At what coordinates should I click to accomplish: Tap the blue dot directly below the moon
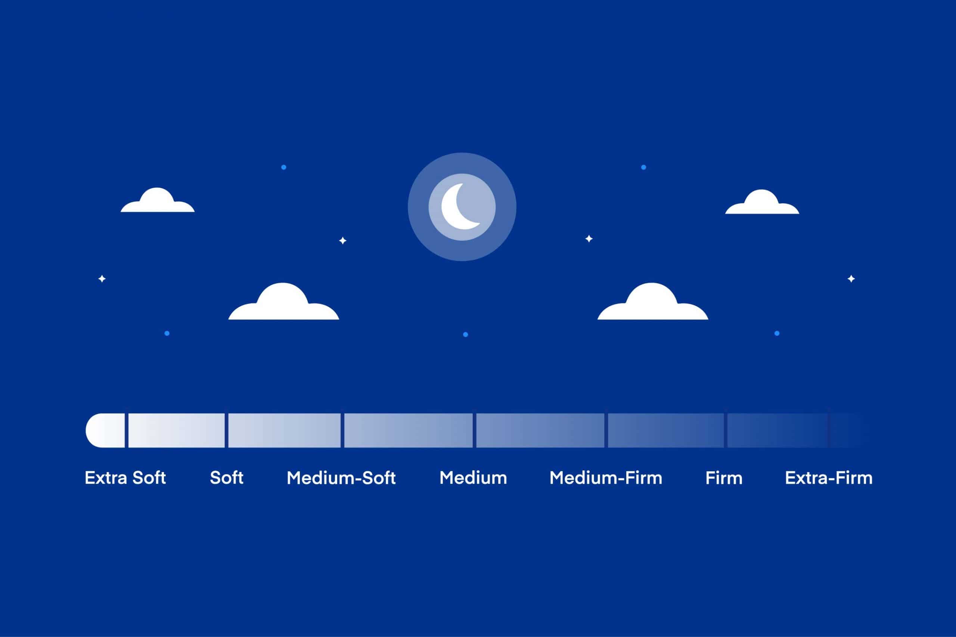tap(465, 334)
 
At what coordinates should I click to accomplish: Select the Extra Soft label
tap(125, 478)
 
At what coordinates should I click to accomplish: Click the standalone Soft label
tap(226, 478)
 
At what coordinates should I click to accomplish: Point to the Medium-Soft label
tap(341, 478)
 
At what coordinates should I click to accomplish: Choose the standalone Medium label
tap(473, 478)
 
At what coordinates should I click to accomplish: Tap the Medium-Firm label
tap(606, 478)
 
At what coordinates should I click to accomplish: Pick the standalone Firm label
tap(724, 478)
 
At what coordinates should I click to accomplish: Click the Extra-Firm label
tap(828, 478)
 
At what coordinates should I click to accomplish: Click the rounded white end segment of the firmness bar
tap(105, 431)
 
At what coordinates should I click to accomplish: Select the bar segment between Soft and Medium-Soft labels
tap(285, 431)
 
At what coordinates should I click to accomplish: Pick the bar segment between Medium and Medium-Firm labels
tap(540, 431)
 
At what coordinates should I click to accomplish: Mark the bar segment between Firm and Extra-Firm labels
tap(777, 431)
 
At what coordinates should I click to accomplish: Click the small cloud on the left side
tap(158, 201)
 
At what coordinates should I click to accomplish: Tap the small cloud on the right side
tap(762, 202)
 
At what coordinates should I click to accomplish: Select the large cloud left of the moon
tap(284, 303)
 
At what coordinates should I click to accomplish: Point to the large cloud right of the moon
tap(653, 303)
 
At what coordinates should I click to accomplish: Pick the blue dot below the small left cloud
tap(167, 334)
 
